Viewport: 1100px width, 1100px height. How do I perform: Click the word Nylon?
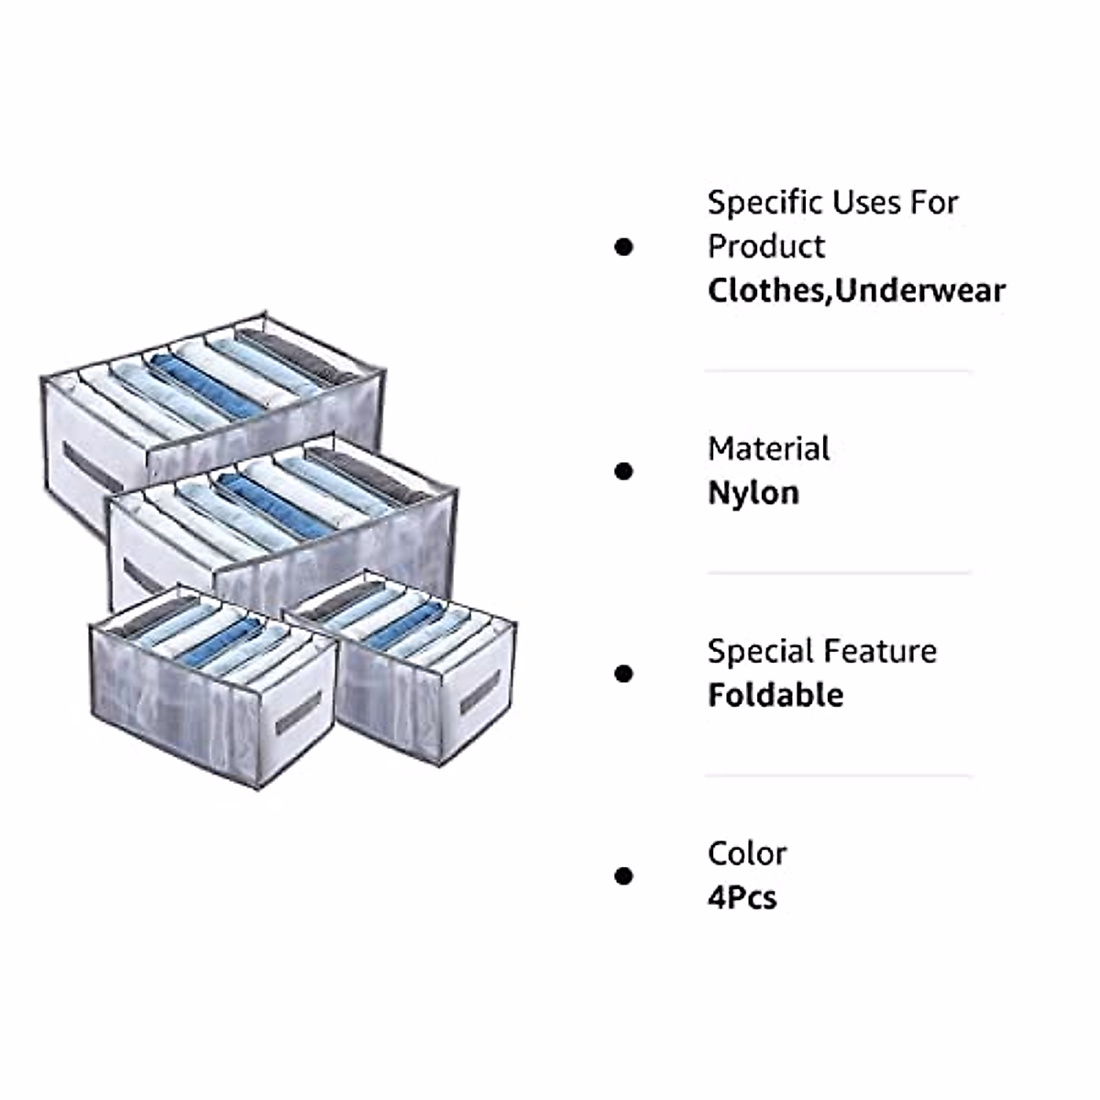point(753,493)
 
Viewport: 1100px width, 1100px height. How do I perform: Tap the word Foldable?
point(775,695)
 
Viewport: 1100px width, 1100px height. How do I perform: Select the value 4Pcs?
point(742,896)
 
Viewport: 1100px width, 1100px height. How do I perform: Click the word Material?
point(768,449)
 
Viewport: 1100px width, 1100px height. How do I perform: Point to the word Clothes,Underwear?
point(856,291)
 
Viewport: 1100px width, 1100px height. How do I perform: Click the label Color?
point(746,853)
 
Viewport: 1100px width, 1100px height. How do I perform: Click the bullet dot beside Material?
point(624,471)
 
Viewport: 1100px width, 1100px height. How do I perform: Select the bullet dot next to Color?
point(624,875)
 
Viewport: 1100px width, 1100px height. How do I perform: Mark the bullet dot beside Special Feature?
point(624,674)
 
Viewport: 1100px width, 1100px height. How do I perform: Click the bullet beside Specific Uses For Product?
point(624,247)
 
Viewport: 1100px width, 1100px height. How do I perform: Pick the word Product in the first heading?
point(766,247)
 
